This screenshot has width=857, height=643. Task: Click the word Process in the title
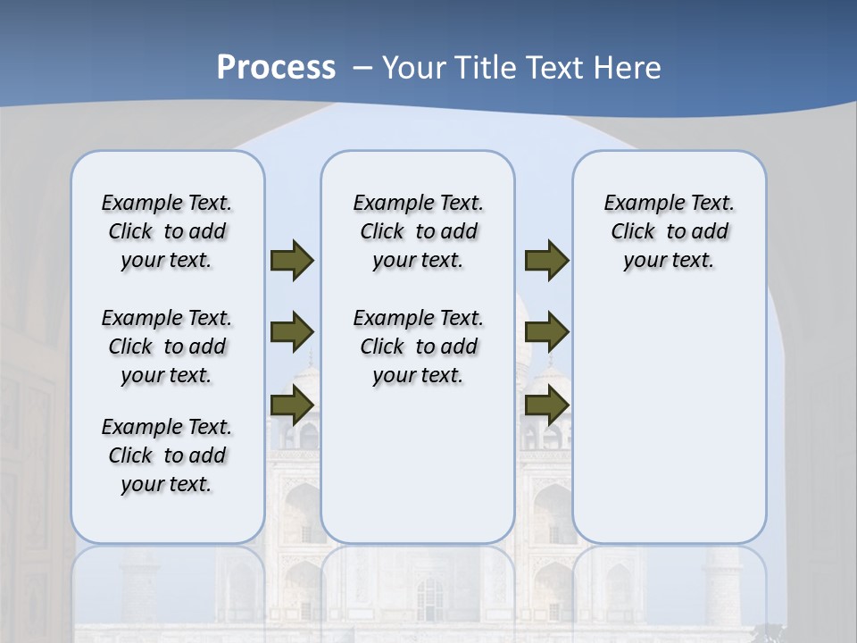click(276, 67)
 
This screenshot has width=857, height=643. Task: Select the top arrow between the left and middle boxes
click(292, 260)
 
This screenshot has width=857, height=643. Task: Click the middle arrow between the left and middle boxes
click(292, 332)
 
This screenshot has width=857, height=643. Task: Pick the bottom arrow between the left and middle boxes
click(292, 405)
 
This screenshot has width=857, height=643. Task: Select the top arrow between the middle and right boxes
click(546, 260)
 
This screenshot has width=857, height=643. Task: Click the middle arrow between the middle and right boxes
click(546, 332)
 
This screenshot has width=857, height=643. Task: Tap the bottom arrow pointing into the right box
click(546, 405)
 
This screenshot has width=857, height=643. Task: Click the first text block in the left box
click(167, 231)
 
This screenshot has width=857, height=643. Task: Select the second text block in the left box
click(167, 347)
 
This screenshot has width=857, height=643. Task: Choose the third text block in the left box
click(167, 455)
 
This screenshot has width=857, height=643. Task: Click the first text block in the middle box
click(418, 231)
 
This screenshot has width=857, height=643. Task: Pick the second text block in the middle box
click(418, 347)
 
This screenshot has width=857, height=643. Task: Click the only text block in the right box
click(669, 231)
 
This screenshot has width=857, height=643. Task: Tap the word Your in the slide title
click(415, 67)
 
